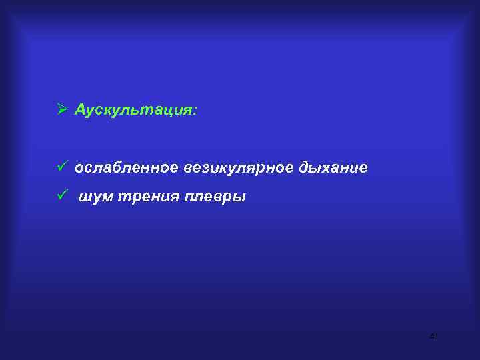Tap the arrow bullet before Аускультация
tap(61, 109)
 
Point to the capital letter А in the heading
tap(80, 109)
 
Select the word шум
tap(97, 197)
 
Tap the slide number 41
tap(434, 337)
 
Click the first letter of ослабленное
tap(79, 169)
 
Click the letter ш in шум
tap(87, 197)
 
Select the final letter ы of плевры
tap(239, 197)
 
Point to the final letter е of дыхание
tap(363, 169)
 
